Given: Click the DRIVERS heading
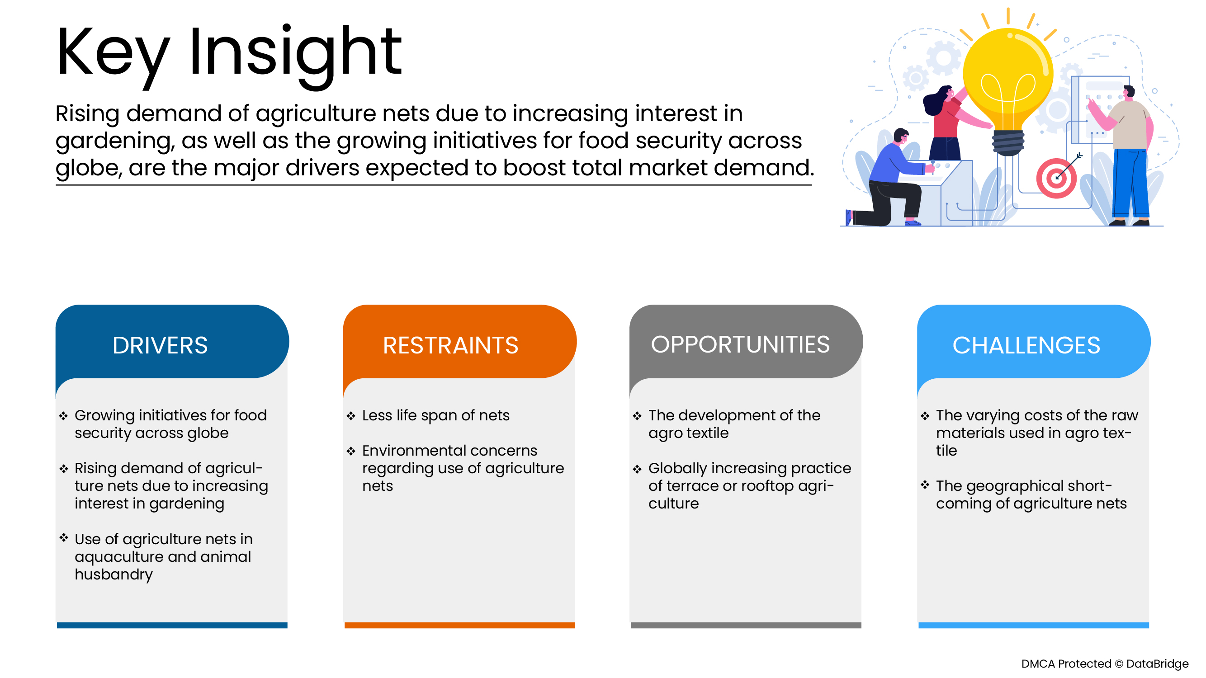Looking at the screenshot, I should point(160,345).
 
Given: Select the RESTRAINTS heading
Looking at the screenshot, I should point(450,345).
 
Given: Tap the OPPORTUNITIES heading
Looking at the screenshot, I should point(740,344).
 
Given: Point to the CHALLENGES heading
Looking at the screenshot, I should point(1026,345).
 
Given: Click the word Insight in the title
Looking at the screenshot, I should point(295,52).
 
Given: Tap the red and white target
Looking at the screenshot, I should point(1056,179).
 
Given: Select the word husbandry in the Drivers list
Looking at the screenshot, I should point(114,574).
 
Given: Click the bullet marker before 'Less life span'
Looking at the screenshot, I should point(351,415).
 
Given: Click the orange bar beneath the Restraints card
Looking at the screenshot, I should point(459,625).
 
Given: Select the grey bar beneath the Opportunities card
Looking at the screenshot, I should point(746,625).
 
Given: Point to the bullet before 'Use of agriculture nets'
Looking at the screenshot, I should point(64,538).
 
